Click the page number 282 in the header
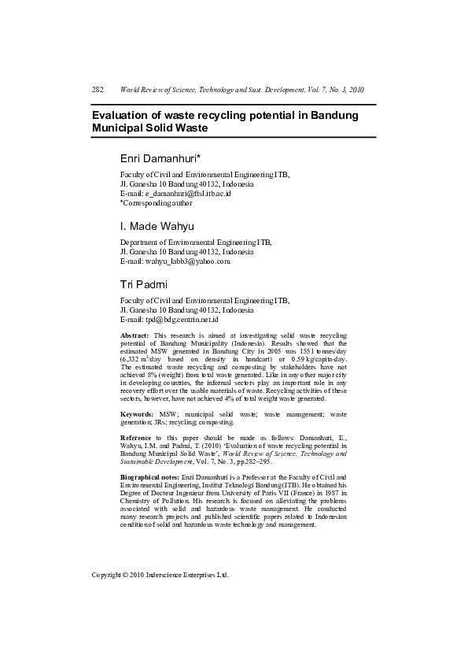point(98,90)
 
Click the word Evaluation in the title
point(123,115)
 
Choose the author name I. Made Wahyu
point(157,228)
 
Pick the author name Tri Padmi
point(142,284)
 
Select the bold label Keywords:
point(137,413)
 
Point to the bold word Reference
point(135,437)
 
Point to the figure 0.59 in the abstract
point(280,359)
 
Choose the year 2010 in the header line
point(356,90)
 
